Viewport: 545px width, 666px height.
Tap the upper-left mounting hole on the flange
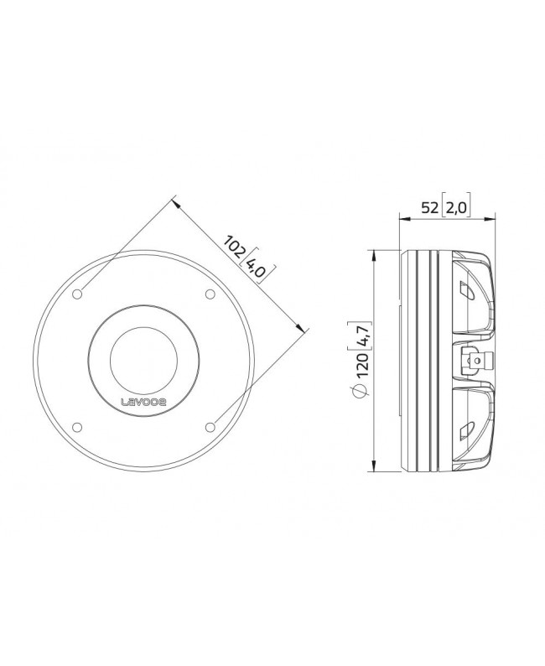78,294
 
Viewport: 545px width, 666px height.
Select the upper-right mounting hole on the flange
209,294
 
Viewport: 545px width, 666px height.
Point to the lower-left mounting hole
78,426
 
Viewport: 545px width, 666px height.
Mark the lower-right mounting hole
209,426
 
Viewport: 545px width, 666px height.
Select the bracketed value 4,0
259,269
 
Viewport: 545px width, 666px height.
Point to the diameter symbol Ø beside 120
360,393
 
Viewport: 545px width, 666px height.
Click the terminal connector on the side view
472,362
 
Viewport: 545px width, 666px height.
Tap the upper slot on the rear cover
465,291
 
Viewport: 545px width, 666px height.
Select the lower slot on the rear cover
465,432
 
